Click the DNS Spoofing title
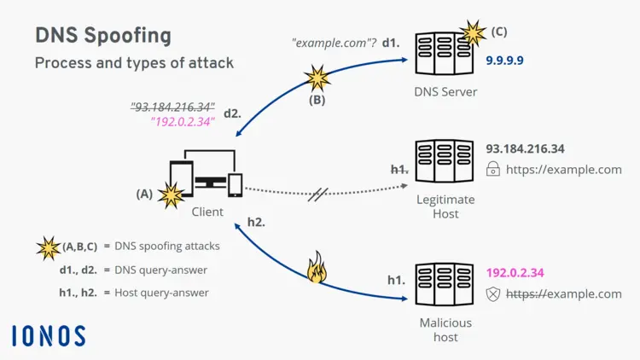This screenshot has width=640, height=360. point(102,36)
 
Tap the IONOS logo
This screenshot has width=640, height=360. point(49,335)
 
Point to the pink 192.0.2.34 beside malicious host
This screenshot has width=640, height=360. point(515,273)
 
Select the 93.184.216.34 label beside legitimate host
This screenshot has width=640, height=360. point(525,148)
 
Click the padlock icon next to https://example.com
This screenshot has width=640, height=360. point(492,170)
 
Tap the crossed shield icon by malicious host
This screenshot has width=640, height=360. point(492,294)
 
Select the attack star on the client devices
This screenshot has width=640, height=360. point(171,196)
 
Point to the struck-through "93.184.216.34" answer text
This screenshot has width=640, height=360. point(172,107)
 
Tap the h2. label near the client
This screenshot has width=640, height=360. point(256,221)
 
